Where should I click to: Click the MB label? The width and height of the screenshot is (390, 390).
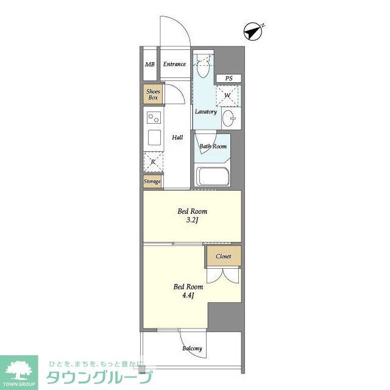(x=150, y=65)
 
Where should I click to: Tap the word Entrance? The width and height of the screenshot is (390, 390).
(x=174, y=64)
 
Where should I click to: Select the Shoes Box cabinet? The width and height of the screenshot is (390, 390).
(x=153, y=94)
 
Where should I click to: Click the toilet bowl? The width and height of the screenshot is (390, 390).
(x=202, y=68)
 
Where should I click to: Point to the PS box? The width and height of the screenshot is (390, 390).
(x=229, y=79)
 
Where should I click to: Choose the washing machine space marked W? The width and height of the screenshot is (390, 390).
(x=229, y=96)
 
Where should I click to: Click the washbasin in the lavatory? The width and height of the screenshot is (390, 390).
(x=229, y=118)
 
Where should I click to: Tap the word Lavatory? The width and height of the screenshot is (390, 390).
(x=206, y=112)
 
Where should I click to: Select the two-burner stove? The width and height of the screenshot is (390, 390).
(x=154, y=118)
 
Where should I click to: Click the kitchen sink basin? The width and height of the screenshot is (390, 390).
(x=154, y=138)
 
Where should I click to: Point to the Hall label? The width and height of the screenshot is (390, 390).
(x=177, y=137)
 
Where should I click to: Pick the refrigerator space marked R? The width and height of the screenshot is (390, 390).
(x=153, y=162)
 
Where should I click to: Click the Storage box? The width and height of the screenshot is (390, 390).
(x=152, y=182)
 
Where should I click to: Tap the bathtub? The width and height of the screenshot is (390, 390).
(x=212, y=177)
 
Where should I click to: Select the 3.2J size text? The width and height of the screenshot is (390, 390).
(x=192, y=220)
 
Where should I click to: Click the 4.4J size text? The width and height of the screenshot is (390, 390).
(x=188, y=296)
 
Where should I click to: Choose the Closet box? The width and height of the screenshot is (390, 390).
(x=223, y=256)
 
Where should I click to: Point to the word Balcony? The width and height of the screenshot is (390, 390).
(x=192, y=349)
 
